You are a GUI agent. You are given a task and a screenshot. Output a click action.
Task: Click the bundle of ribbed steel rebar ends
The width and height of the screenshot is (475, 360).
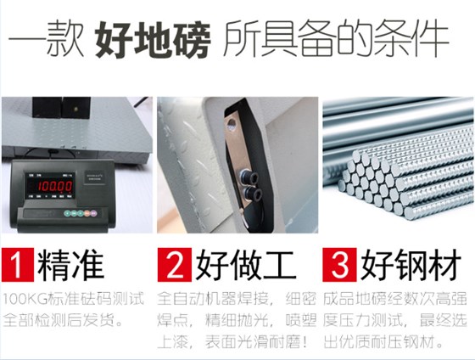pyautogui.click(x=386, y=183)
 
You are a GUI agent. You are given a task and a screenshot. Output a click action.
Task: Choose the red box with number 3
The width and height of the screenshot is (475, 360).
pyautogui.click(x=339, y=264)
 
